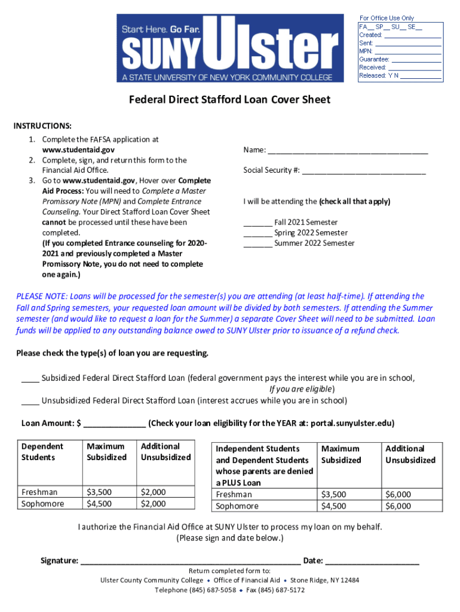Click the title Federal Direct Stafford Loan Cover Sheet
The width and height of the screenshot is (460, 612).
230,100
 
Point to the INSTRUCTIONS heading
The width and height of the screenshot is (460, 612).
43,126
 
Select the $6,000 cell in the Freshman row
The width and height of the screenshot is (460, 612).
398,494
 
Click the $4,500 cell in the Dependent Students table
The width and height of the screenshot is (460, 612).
99,503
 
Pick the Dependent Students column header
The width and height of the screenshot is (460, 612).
42,452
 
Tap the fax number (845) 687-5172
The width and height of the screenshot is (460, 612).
283,590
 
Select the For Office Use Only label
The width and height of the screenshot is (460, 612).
387,18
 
